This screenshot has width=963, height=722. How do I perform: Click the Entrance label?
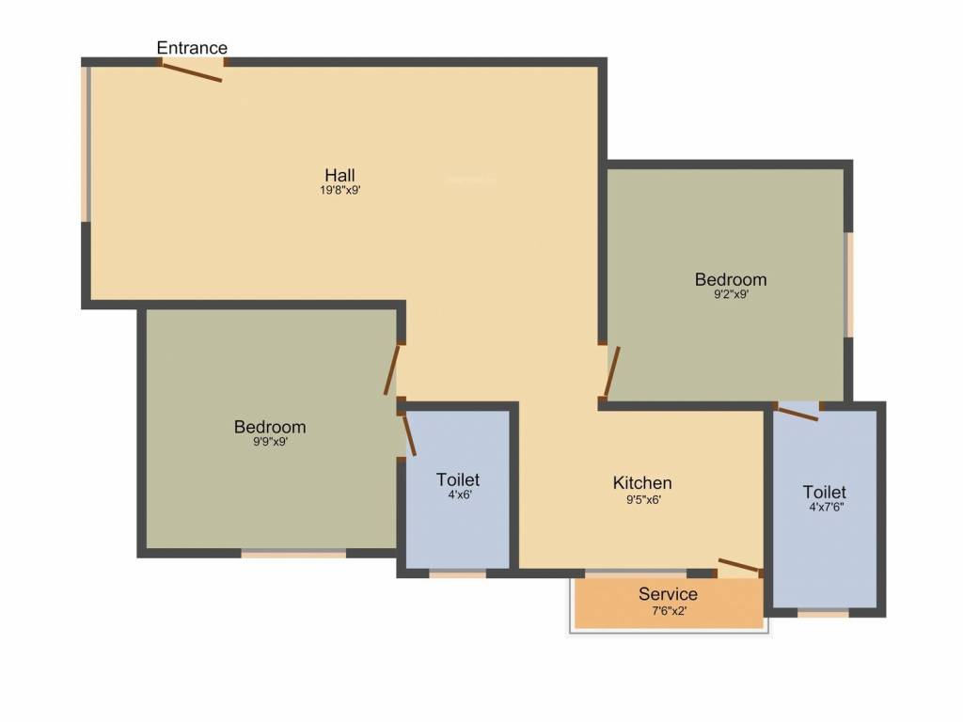coord(192,48)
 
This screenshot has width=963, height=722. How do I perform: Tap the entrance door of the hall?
coord(193,71)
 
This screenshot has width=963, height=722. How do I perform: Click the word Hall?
coord(339,175)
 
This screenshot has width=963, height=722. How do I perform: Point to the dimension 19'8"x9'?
coord(339,190)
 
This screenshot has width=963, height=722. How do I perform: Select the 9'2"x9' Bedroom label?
coord(731,279)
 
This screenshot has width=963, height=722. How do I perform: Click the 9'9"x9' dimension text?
coord(270,442)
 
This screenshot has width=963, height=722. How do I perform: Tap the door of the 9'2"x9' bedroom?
coord(611,372)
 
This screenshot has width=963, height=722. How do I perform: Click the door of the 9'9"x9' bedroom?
coord(393,369)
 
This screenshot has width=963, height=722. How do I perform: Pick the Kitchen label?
coord(642,483)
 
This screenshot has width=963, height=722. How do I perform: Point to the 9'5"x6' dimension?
coord(642,499)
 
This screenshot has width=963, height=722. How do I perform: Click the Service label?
coord(668,594)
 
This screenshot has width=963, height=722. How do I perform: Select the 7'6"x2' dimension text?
coord(668,610)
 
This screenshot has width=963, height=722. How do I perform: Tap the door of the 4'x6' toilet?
coord(409,435)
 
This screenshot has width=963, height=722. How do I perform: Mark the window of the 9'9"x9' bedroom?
coord(293,554)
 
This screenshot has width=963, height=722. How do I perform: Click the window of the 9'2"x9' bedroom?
coord(849,284)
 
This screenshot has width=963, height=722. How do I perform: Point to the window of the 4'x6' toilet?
coord(458,573)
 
